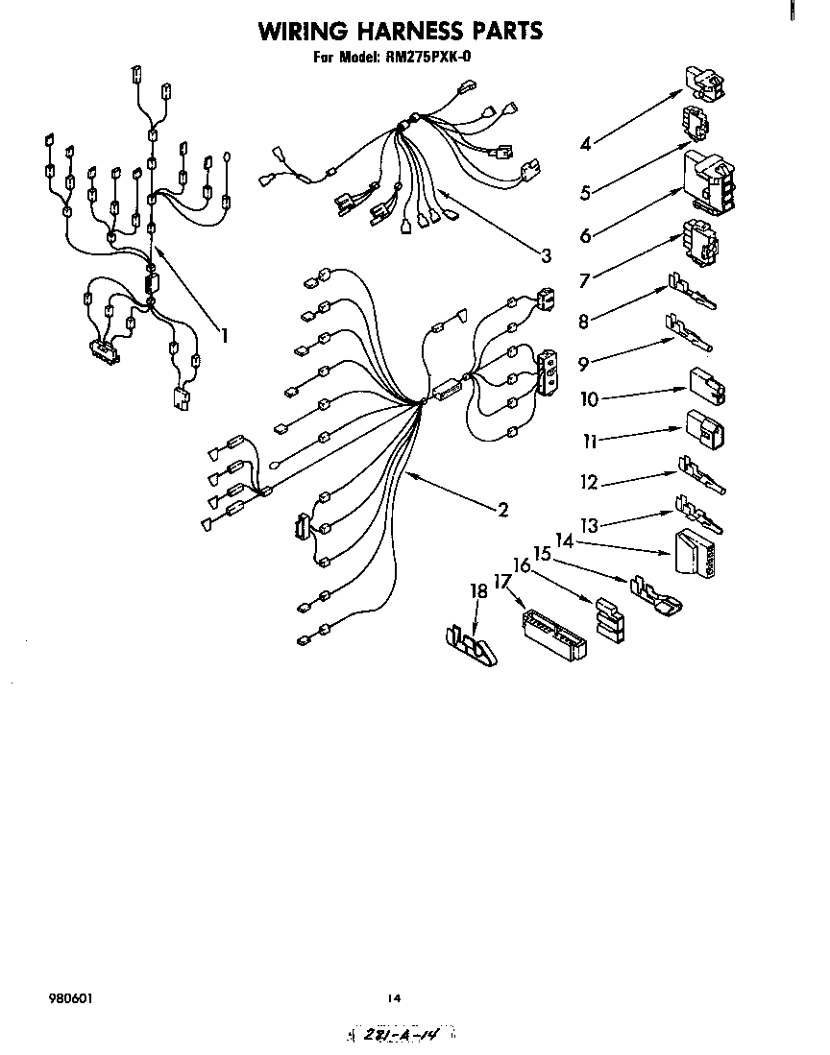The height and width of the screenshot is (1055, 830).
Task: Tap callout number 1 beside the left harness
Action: tap(224, 335)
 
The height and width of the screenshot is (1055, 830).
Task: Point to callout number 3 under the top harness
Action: tap(546, 255)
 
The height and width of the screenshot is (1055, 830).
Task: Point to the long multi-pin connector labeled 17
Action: tap(553, 635)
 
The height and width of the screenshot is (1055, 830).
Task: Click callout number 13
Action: tap(591, 526)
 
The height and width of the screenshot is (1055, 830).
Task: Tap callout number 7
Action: tap(584, 281)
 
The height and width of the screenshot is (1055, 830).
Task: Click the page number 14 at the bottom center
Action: tap(394, 998)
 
